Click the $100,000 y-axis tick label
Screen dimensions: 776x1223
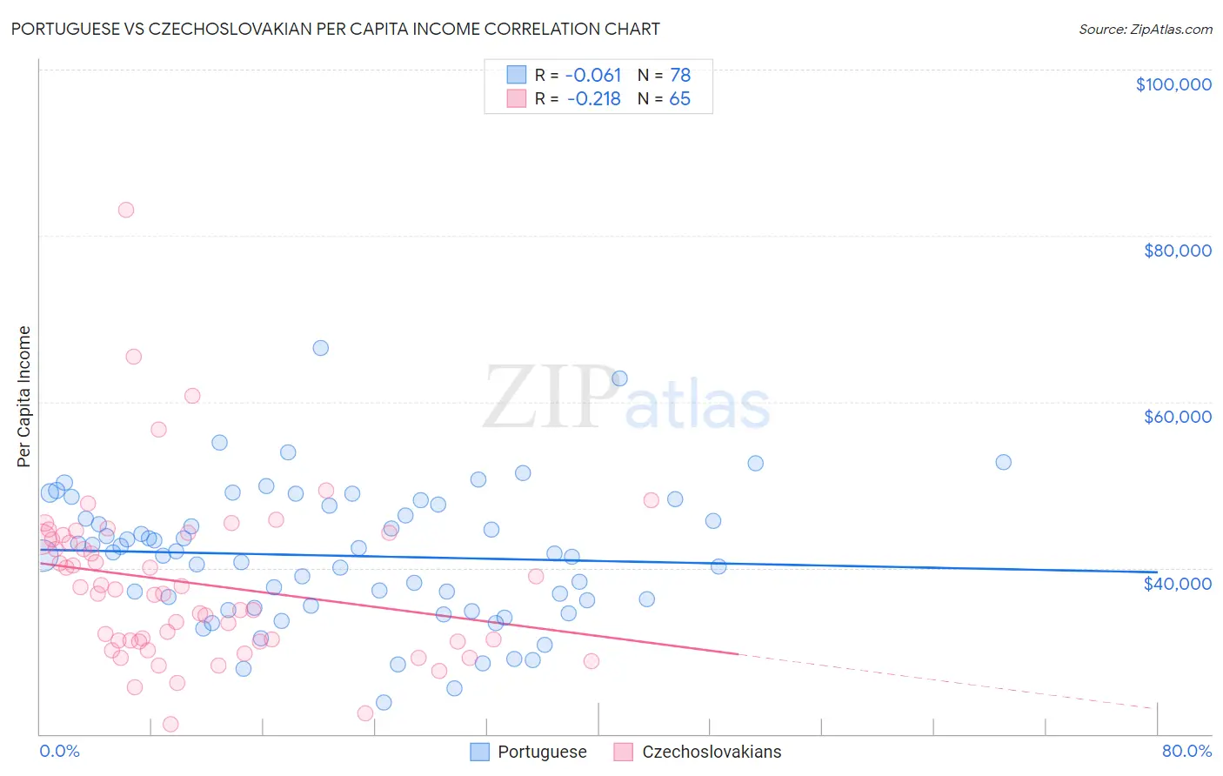click(1173, 84)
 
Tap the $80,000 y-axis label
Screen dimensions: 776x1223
click(1177, 251)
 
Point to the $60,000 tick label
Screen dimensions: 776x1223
click(1177, 417)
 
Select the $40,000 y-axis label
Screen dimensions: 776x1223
click(1177, 583)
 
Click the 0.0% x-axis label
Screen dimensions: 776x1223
click(59, 751)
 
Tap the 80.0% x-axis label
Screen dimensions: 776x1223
click(1186, 751)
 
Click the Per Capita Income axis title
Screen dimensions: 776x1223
click(24, 396)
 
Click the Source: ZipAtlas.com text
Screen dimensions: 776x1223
click(1145, 29)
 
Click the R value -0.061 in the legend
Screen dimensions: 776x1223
click(593, 76)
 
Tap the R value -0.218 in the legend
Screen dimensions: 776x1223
click(593, 99)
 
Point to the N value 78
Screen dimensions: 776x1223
click(679, 76)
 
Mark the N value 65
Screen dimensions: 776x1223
click(679, 99)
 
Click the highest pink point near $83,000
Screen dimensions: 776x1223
click(126, 210)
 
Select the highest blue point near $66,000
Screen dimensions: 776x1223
click(321, 348)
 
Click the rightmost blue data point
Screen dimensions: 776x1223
click(1003, 462)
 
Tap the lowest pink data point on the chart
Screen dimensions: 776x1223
click(170, 725)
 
